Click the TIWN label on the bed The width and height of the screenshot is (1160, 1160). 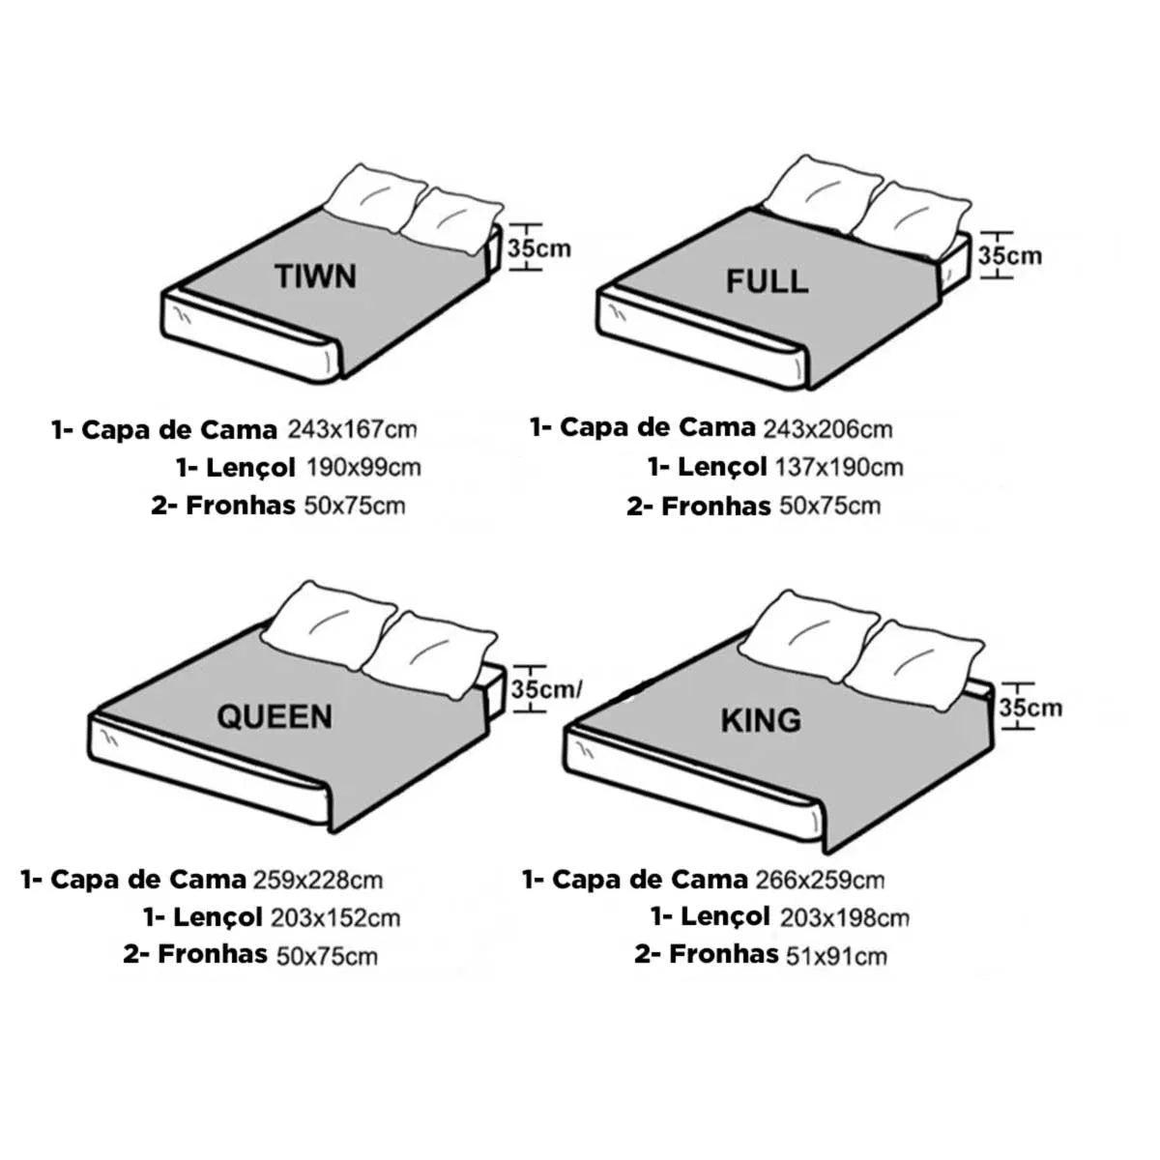point(316,276)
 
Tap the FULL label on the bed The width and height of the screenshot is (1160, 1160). point(767,281)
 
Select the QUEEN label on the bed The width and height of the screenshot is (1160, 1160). point(275,717)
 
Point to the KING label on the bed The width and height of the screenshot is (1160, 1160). point(761,720)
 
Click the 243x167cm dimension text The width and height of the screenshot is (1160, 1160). point(352,430)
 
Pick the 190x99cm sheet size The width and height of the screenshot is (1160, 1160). point(364,468)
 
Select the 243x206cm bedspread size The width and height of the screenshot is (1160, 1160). point(828,430)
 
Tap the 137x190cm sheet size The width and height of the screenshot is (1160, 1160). point(839,468)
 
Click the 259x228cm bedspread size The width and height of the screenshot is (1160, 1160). point(318,880)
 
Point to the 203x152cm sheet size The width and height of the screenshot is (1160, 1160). point(335,918)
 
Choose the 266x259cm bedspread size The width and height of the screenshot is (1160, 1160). point(820,880)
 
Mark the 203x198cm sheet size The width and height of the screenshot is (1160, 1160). point(845,918)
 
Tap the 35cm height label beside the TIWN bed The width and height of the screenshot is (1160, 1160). point(539,248)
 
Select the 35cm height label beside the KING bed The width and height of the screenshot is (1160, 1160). point(1030,708)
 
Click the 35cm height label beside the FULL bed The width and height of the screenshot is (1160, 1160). point(1009,256)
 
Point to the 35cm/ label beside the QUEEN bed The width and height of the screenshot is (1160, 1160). point(546,688)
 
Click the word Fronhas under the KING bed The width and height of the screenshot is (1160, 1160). point(724,955)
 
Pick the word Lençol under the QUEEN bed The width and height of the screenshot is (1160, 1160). point(217,918)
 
